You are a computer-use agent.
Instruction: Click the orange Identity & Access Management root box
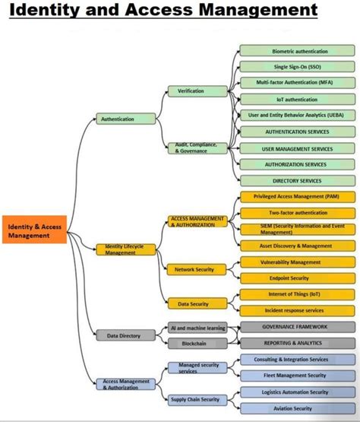[36, 231]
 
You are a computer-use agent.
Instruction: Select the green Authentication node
[117, 119]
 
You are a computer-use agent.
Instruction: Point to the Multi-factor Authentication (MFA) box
[294, 81]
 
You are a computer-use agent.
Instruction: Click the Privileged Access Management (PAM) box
[294, 196]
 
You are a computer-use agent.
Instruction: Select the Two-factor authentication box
[294, 213]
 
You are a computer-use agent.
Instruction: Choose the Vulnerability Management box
[294, 262]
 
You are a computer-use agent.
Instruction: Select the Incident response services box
[294, 310]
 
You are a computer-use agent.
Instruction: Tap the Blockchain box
[195, 343]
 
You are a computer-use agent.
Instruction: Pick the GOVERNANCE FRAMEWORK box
[294, 327]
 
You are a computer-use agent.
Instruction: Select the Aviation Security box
[294, 409]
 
